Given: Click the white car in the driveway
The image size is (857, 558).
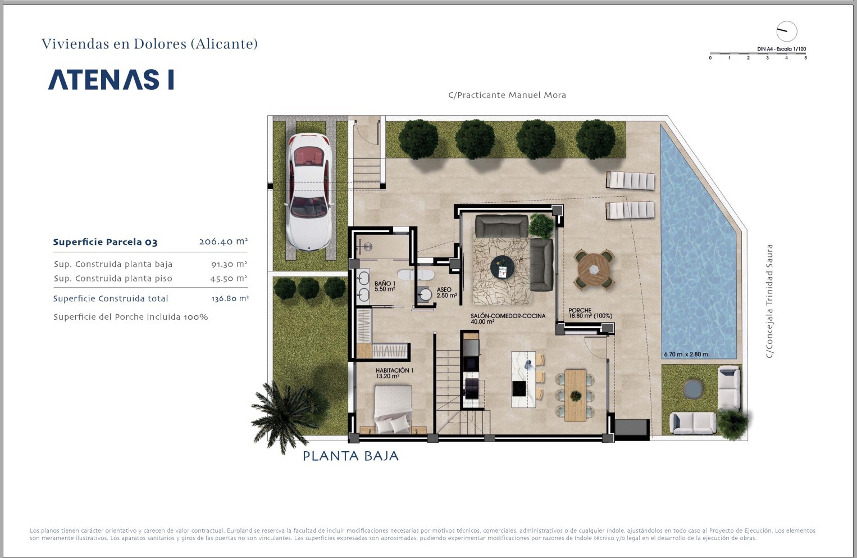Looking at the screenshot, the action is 309,192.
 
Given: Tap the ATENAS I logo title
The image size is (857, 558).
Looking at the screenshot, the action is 111,80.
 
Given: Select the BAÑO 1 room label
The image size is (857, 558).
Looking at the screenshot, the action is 385,286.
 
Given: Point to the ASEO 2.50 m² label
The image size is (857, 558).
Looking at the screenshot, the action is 447,293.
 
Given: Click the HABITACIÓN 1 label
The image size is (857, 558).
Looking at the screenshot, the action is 394,373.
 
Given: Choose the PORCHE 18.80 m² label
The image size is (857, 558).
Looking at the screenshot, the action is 590,313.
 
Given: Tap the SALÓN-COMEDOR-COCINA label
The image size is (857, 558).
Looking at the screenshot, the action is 508,319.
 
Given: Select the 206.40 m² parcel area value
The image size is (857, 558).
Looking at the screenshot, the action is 224,242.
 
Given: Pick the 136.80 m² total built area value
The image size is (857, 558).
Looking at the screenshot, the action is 230,298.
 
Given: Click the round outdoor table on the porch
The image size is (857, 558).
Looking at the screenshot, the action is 594,269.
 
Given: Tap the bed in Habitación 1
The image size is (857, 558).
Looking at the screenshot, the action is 393,409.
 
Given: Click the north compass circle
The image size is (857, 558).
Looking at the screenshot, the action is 787,31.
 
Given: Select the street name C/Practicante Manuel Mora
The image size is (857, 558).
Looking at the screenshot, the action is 507,95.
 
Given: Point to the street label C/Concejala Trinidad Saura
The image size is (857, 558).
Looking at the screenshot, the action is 769,301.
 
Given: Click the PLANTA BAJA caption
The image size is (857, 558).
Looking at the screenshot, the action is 350,456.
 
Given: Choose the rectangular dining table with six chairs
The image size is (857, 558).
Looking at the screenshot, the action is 575,396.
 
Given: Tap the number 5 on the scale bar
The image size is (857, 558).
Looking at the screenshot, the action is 805,58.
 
